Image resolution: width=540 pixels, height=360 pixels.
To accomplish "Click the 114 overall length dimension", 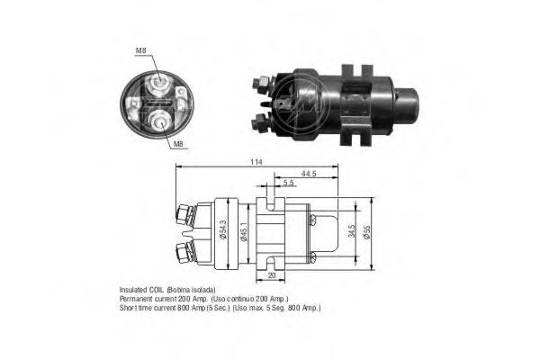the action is pos(256,162).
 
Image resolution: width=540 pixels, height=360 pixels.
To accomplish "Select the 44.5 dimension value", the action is pos(309,174).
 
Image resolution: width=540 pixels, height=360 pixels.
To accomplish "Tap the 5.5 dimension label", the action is pos(289,183).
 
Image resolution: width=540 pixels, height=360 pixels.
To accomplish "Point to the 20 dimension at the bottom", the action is pos(272,275).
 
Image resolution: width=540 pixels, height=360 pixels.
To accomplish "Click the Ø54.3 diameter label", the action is pos(223,230).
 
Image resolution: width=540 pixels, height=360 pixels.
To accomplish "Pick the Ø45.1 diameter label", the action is pos(244,232).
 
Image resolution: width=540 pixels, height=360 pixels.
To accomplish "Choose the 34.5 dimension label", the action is pos(352,231).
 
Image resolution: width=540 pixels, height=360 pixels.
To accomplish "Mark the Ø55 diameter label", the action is pos(367,233).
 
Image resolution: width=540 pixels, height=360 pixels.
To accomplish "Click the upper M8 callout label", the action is pos(141,50).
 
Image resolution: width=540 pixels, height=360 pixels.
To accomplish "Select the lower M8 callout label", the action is pos(177,144).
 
